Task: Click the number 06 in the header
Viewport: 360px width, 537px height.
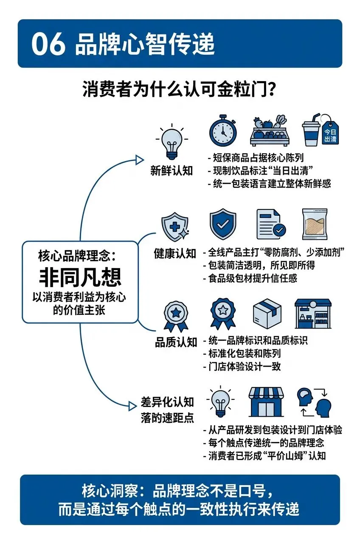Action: pos(48,44)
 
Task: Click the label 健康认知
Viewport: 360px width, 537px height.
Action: pos(175,254)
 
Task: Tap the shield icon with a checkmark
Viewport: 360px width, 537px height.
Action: pos(223,224)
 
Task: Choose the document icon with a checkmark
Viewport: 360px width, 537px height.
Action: pos(271,224)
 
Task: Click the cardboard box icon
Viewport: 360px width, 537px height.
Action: pos(267,314)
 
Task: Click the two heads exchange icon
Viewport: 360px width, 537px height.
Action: pos(314,402)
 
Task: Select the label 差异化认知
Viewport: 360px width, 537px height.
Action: pos(168,402)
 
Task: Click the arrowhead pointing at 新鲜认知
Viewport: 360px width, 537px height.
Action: pos(139,160)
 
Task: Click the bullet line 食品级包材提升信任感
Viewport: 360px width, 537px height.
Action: pos(252,278)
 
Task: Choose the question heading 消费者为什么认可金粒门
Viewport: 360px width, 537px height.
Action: pos(180,90)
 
